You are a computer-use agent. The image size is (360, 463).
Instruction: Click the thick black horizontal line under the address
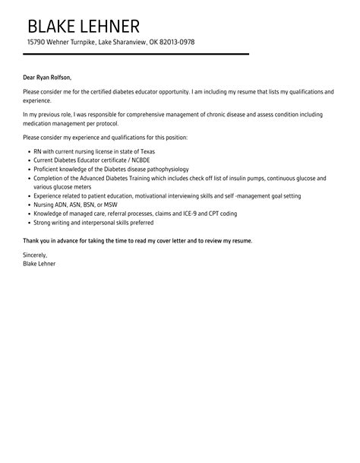137,54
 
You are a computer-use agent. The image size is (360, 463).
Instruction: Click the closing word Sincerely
35,255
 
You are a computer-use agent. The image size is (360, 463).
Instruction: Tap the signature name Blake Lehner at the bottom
39,263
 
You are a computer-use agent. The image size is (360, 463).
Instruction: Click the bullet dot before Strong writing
28,223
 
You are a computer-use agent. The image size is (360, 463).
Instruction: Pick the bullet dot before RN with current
28,151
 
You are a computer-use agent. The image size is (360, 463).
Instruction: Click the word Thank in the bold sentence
32,240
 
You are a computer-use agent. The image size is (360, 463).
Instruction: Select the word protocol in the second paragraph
103,122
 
